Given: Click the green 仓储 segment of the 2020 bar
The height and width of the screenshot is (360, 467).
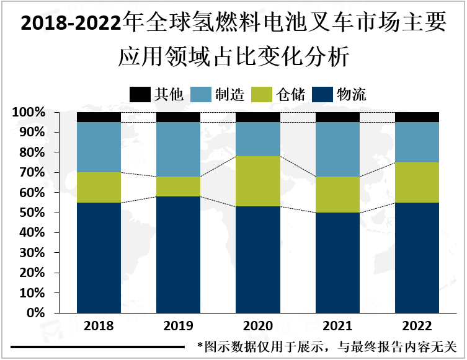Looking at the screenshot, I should click(258, 181).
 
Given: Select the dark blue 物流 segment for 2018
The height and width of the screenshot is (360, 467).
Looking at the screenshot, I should click(99, 257).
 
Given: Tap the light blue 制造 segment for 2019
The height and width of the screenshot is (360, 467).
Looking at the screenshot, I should click(178, 149).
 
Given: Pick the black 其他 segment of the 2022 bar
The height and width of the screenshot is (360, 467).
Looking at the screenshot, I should click(417, 117).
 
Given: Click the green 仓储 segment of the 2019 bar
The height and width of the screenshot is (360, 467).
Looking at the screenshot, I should click(178, 187).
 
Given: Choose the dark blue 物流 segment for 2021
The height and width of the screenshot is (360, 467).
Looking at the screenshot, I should click(337, 262).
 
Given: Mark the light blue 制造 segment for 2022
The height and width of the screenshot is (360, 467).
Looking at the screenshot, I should click(417, 142).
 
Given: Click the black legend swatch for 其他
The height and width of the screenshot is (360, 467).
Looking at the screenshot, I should click(140, 94).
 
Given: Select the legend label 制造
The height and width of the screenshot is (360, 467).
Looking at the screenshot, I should click(229, 94).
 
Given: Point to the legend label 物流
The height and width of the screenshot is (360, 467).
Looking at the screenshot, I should click(351, 94).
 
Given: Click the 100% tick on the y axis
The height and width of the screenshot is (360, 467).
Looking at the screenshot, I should click(28, 113).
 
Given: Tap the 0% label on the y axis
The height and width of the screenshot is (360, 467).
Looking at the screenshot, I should click(35, 313).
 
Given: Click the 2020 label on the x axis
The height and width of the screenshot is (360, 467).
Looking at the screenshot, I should click(258, 326).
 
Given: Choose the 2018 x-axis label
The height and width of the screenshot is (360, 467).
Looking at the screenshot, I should click(99, 326).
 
